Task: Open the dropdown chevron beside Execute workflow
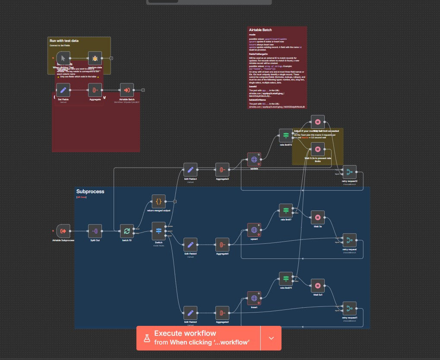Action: [271, 338]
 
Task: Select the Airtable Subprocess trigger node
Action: [63, 231]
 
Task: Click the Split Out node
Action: [95, 231]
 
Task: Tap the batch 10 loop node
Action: [127, 231]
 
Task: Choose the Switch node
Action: [158, 231]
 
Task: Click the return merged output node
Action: [158, 201]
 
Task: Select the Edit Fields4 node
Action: [190, 170]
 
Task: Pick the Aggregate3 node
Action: [222, 170]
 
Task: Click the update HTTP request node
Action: [254, 159]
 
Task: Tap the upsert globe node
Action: [254, 229]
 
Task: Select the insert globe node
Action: [254, 298]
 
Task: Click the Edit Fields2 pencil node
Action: [190, 313]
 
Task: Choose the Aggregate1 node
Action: [222, 245]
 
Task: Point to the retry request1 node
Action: [349, 309]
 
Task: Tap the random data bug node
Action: [95, 58]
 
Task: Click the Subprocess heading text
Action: [90, 191]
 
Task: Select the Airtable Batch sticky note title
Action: [264, 30]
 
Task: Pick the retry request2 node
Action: [349, 172]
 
